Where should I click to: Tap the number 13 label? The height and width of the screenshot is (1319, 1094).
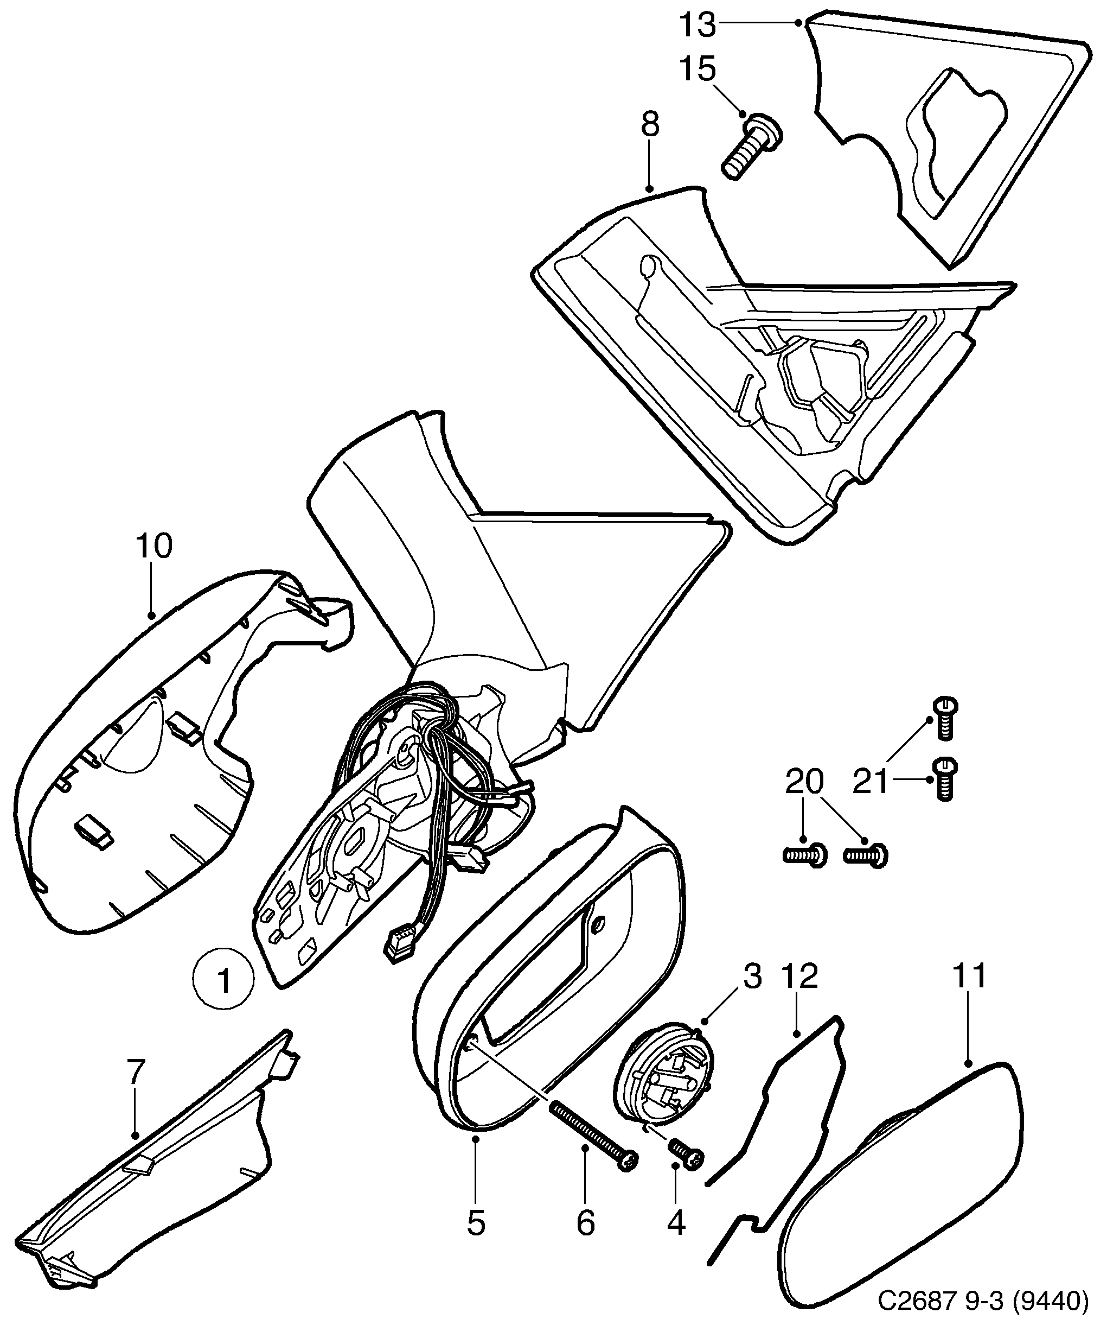click(698, 24)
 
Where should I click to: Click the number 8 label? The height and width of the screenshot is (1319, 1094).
click(650, 124)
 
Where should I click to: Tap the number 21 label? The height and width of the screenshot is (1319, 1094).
click(871, 782)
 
